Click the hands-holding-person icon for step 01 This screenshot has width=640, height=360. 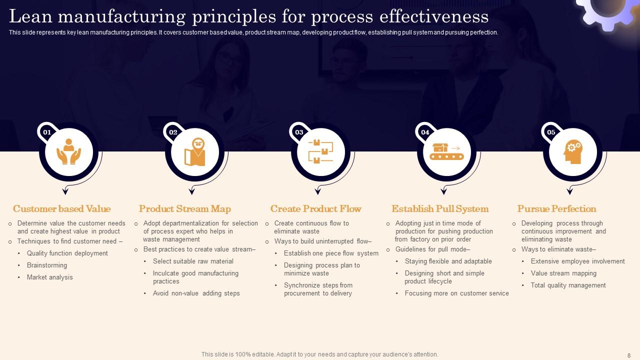pos(69,152)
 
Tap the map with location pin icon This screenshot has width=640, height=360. pos(195,152)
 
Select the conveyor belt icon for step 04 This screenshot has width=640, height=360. pos(447,152)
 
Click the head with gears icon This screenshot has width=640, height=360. pos(573,152)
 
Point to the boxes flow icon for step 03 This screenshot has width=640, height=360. pos(321,152)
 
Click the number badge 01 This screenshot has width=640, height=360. pos(47,132)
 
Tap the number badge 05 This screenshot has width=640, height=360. pos(551,132)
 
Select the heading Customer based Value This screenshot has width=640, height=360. pos(61,209)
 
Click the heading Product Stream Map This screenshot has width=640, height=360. pos(185,209)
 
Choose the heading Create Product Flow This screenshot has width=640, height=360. pos(315,209)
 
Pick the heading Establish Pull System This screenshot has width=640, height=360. pos(440,209)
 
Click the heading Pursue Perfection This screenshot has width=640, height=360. pos(556,209)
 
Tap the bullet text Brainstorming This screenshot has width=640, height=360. pos(47,265)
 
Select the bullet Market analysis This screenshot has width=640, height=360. pos(50,277)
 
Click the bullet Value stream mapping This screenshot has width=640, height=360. pos(563,273)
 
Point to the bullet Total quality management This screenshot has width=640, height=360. pos(568,285)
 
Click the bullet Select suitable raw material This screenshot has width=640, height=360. pos(193,261)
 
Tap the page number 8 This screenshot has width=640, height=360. pos(629,355)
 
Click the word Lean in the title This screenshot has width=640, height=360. pos(30,17)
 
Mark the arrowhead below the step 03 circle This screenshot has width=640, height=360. pos(317,191)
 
